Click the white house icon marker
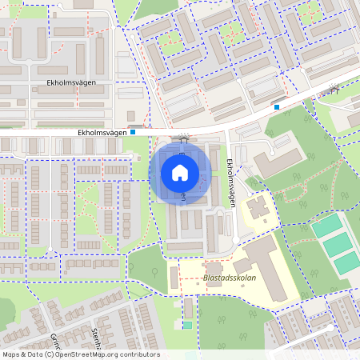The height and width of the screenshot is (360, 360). [180, 173]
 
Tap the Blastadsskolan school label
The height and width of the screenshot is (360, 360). [213, 280]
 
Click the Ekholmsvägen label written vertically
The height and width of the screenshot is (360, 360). [230, 183]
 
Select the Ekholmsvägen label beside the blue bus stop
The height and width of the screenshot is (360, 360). [102, 133]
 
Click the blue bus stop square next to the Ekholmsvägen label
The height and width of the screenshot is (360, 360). [133, 132]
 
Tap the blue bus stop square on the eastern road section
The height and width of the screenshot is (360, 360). [278, 106]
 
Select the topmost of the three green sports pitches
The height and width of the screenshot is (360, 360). [326, 226]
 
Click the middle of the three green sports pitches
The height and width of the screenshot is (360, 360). [336, 243]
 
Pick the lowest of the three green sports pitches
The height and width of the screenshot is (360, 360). [346, 262]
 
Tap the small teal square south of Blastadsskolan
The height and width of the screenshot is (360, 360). [187, 324]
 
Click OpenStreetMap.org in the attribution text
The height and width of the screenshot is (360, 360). [89, 354]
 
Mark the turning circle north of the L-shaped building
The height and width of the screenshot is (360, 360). [272, 151]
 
